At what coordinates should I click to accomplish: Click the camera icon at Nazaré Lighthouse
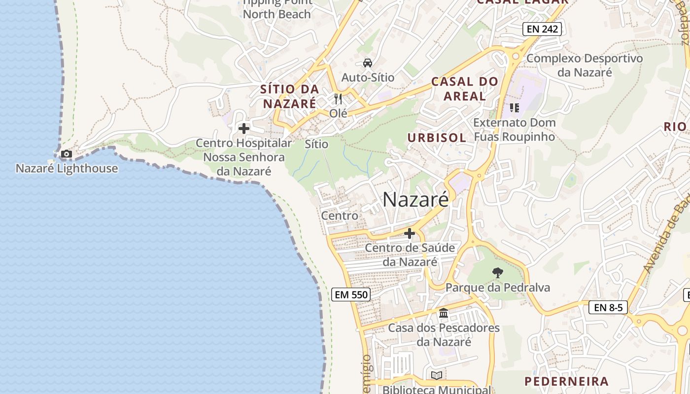pos(66,154)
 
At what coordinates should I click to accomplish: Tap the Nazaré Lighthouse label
pos(67,168)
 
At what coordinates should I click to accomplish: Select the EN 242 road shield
pos(542,29)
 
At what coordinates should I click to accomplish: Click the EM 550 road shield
pos(351,295)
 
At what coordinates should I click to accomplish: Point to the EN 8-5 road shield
pos(608,308)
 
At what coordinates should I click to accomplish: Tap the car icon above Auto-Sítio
pos(367,63)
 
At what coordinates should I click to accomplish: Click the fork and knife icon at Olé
pos(338,99)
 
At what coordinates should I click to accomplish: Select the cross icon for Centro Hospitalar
pos(243,129)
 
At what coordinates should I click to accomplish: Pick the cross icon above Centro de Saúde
pos(410,233)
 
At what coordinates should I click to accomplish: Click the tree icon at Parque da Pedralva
pos(498,272)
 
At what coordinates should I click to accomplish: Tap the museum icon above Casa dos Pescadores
pos(444,313)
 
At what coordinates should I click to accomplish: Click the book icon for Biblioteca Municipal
pos(437,376)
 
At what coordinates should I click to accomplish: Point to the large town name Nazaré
pos(415,199)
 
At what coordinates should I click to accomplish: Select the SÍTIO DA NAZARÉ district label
pos(289,97)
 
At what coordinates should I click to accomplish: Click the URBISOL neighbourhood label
pos(437,138)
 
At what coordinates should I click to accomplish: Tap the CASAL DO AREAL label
pos(465,89)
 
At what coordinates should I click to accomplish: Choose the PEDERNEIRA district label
pos(566,381)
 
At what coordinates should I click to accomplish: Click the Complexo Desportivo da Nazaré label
pos(585,65)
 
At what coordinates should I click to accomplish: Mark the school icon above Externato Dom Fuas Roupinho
pos(515,107)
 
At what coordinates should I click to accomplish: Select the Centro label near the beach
pos(340,216)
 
